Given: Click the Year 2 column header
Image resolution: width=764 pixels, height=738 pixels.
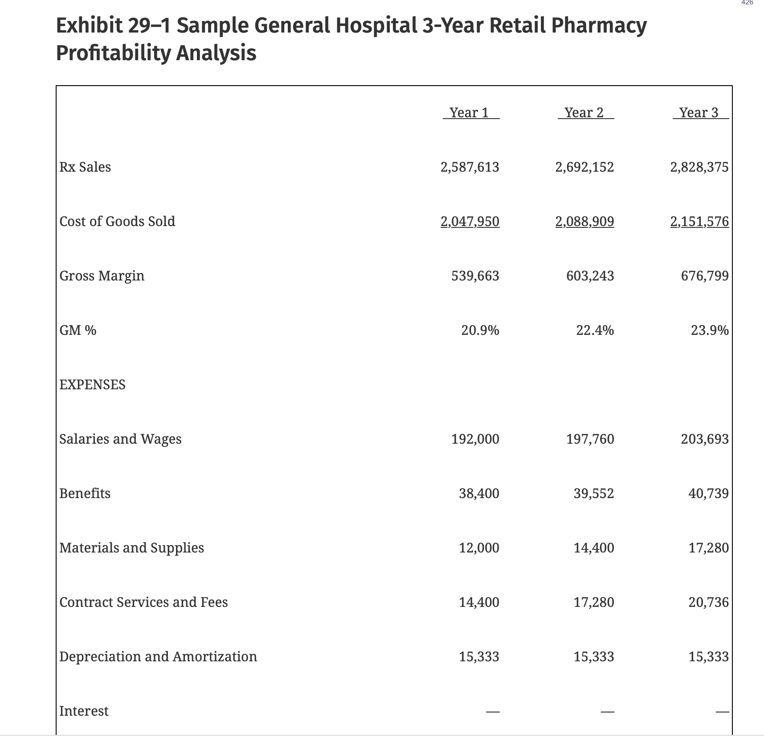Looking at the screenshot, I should (584, 113).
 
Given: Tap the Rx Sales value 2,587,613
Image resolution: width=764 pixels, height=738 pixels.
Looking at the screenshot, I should (470, 167).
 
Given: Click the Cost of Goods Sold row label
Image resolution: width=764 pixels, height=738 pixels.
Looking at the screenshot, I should (117, 222).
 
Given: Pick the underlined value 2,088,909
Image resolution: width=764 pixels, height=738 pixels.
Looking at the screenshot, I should (584, 222).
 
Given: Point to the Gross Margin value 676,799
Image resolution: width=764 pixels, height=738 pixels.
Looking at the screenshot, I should (705, 276).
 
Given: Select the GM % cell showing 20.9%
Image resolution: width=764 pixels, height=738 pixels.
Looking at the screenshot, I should (480, 330).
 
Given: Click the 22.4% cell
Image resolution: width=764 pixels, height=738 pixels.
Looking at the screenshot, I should (595, 330).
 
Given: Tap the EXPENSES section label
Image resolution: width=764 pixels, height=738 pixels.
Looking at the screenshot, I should (92, 385).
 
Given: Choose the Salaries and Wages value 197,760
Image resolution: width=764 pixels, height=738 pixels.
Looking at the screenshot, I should (590, 439).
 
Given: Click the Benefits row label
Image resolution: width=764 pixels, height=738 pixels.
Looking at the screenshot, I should (85, 494).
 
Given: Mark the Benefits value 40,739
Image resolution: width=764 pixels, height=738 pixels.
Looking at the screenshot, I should (708, 494).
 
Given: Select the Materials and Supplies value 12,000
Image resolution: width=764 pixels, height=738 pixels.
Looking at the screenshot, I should (479, 548).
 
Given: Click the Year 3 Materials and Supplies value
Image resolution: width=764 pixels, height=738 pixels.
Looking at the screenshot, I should (708, 548).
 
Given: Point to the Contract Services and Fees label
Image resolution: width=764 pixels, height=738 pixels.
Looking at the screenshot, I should (143, 602).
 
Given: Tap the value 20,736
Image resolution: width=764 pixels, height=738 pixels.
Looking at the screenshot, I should (708, 602).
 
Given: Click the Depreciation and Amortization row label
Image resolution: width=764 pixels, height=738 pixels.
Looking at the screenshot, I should (158, 657).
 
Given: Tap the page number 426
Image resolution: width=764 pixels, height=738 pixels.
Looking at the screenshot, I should (747, 3).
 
